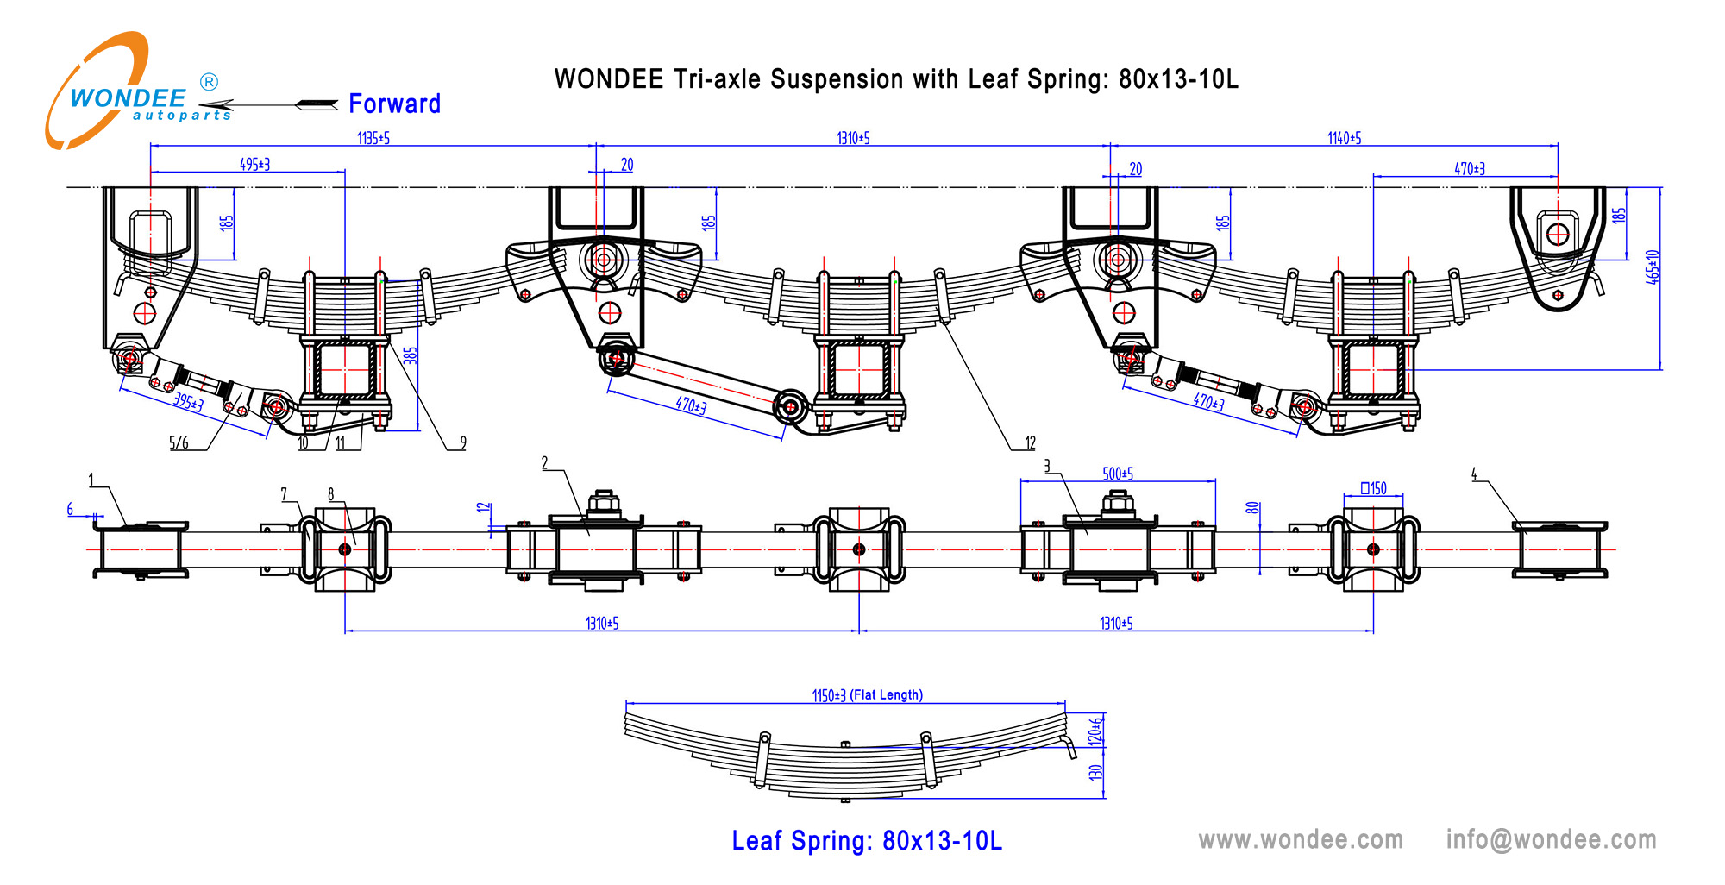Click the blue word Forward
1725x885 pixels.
click(394, 104)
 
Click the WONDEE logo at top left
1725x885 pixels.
click(129, 95)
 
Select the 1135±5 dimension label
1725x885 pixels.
click(373, 138)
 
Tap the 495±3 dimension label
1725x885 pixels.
click(254, 164)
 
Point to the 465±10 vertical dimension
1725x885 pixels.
click(1652, 267)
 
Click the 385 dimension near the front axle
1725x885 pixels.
click(411, 355)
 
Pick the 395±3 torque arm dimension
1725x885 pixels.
click(188, 401)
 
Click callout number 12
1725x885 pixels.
click(1030, 442)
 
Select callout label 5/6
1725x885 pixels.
click(179, 443)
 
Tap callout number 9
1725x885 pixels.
click(463, 442)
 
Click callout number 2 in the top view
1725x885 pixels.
click(544, 463)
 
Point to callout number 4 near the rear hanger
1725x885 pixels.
click(1474, 474)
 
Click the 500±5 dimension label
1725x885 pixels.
click(1118, 474)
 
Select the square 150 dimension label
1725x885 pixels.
click(1373, 488)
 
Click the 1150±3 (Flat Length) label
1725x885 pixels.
click(867, 695)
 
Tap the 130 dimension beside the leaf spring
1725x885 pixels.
click(1095, 772)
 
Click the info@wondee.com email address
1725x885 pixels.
click(1551, 839)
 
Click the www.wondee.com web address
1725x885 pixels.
click(1301, 839)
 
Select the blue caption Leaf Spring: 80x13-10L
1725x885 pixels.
click(867, 841)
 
